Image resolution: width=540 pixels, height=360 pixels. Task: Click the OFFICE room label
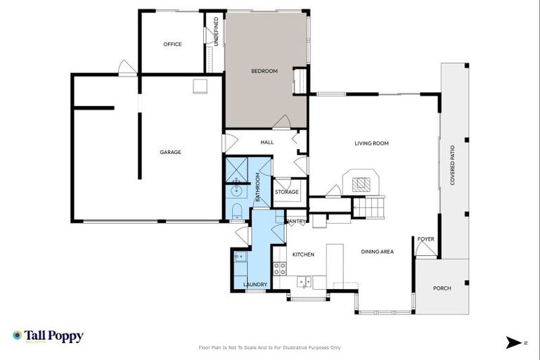click(172, 44)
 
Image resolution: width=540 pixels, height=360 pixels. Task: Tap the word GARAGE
click(170, 152)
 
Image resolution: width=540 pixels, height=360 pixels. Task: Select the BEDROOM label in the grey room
click(264, 71)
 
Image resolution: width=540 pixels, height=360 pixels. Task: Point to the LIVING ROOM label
click(371, 143)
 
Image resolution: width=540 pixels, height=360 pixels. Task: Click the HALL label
click(266, 143)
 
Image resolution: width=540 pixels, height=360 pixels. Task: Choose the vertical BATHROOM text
click(258, 188)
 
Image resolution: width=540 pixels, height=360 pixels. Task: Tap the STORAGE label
click(287, 192)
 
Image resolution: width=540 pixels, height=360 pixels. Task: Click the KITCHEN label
click(303, 254)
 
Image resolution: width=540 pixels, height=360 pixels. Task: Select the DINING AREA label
click(377, 252)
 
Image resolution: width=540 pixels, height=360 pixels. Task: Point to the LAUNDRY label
click(255, 284)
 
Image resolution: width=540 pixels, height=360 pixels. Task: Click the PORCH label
click(442, 288)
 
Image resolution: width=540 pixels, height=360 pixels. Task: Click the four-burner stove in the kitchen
click(279, 268)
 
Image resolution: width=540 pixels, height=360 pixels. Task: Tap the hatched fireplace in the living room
click(361, 185)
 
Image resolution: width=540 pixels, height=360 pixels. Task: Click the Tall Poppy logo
click(48, 336)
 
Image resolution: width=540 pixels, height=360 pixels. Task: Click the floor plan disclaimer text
click(270, 347)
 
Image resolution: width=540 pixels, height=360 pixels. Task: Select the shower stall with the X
click(236, 169)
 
